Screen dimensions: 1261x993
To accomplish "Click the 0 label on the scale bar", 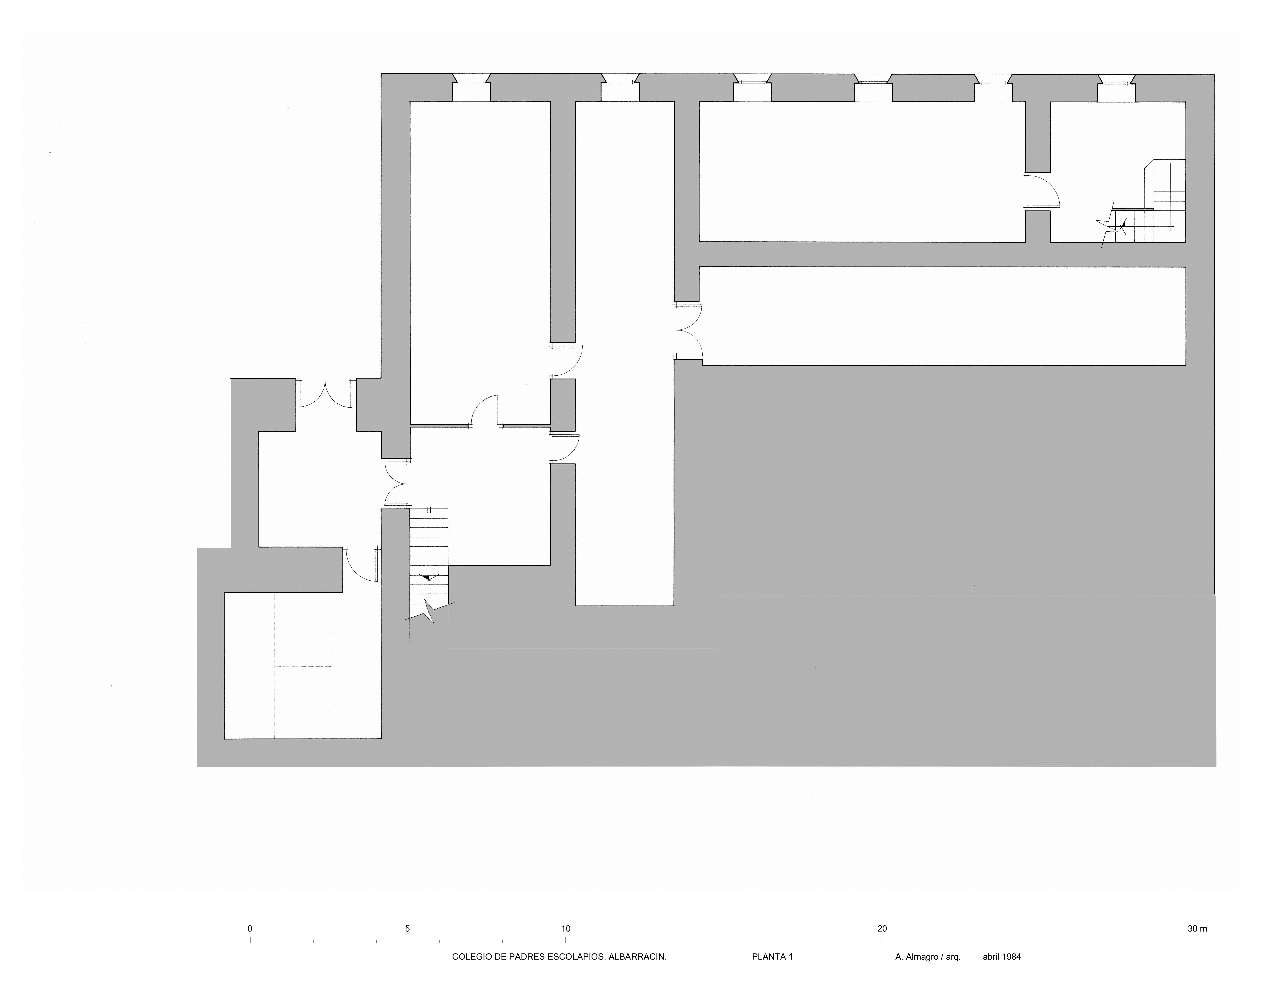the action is [250, 928].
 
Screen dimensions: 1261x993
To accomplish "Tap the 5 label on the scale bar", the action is [408, 928].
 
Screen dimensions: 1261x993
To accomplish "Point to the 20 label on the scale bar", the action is [882, 928].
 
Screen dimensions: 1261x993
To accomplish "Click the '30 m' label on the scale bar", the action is [1197, 928].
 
